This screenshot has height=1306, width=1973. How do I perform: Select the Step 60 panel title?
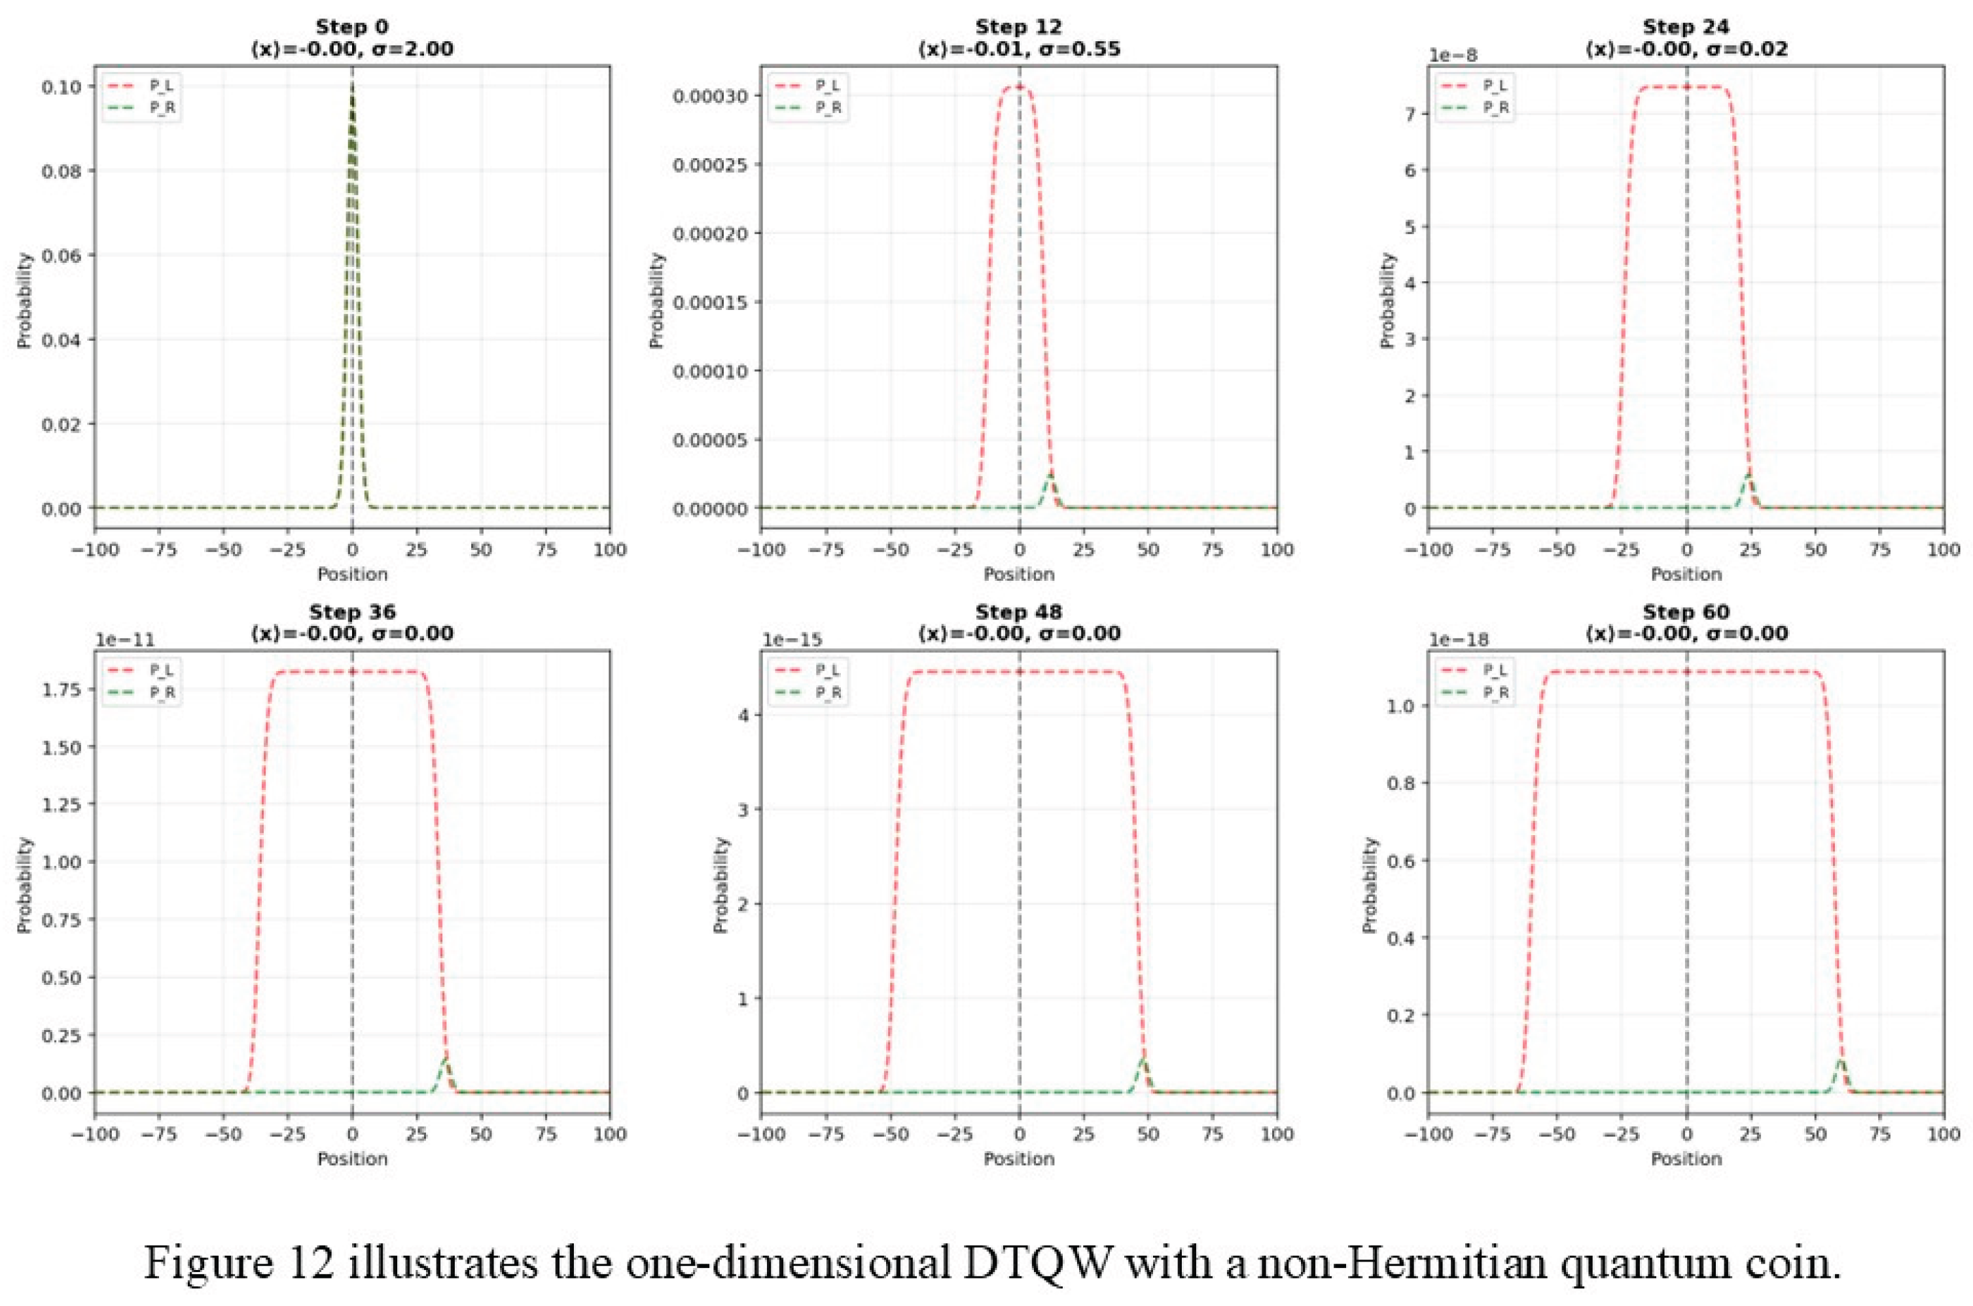pos(1686,613)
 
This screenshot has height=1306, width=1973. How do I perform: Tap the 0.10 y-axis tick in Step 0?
pos(61,86)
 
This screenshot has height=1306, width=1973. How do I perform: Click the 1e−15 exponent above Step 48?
pos(792,640)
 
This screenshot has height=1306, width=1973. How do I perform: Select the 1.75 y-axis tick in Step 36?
pos(61,690)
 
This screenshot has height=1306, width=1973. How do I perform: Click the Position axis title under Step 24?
pos(1686,575)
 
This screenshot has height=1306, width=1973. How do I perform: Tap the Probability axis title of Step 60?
pos(1369,885)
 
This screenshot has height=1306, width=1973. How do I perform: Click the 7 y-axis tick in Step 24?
pos(1411,113)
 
